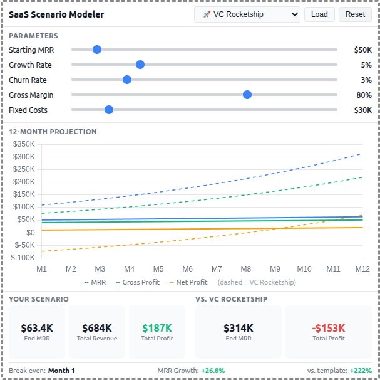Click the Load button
(x=319, y=14)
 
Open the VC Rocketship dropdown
(x=247, y=14)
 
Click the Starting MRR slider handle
(x=97, y=50)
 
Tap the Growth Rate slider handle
(x=140, y=65)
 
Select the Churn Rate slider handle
(x=127, y=80)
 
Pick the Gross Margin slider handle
(x=247, y=95)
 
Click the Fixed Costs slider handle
(x=109, y=110)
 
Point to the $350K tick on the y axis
(x=23, y=144)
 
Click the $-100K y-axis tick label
(x=23, y=257)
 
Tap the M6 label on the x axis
(x=187, y=268)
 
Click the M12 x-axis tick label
(x=362, y=268)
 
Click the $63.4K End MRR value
(x=37, y=327)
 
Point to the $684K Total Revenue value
(x=97, y=327)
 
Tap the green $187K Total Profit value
(x=157, y=327)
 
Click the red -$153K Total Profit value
(x=329, y=327)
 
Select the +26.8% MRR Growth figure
(x=213, y=371)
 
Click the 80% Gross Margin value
(x=364, y=95)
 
